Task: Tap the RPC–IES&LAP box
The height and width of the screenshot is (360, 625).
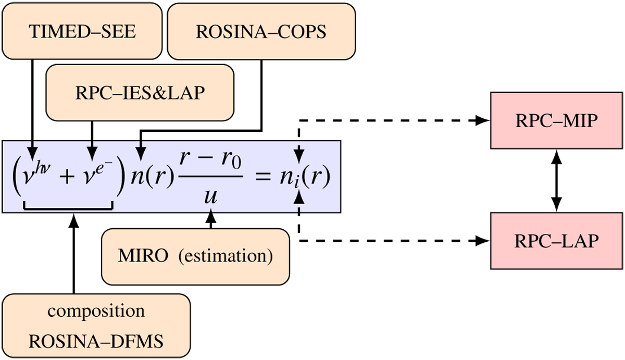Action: pyautogui.click(x=140, y=92)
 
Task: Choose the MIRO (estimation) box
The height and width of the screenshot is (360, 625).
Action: pyautogui.click(x=195, y=256)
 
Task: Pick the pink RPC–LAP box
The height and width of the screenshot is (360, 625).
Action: pyautogui.click(x=557, y=240)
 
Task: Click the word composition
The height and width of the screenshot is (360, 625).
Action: pyautogui.click(x=96, y=311)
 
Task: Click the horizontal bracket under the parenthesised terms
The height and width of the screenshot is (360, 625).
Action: pyautogui.click(x=68, y=209)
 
